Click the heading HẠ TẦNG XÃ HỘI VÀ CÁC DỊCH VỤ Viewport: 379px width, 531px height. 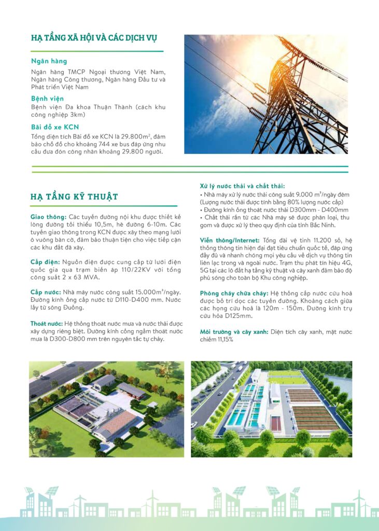[94, 38]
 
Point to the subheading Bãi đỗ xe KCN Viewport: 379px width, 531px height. [55, 127]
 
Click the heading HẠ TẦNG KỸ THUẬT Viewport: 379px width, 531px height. [74, 197]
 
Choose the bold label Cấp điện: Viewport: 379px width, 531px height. [45, 261]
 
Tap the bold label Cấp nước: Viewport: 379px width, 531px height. [46, 292]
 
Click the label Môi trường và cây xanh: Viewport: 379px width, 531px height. [234, 332]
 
